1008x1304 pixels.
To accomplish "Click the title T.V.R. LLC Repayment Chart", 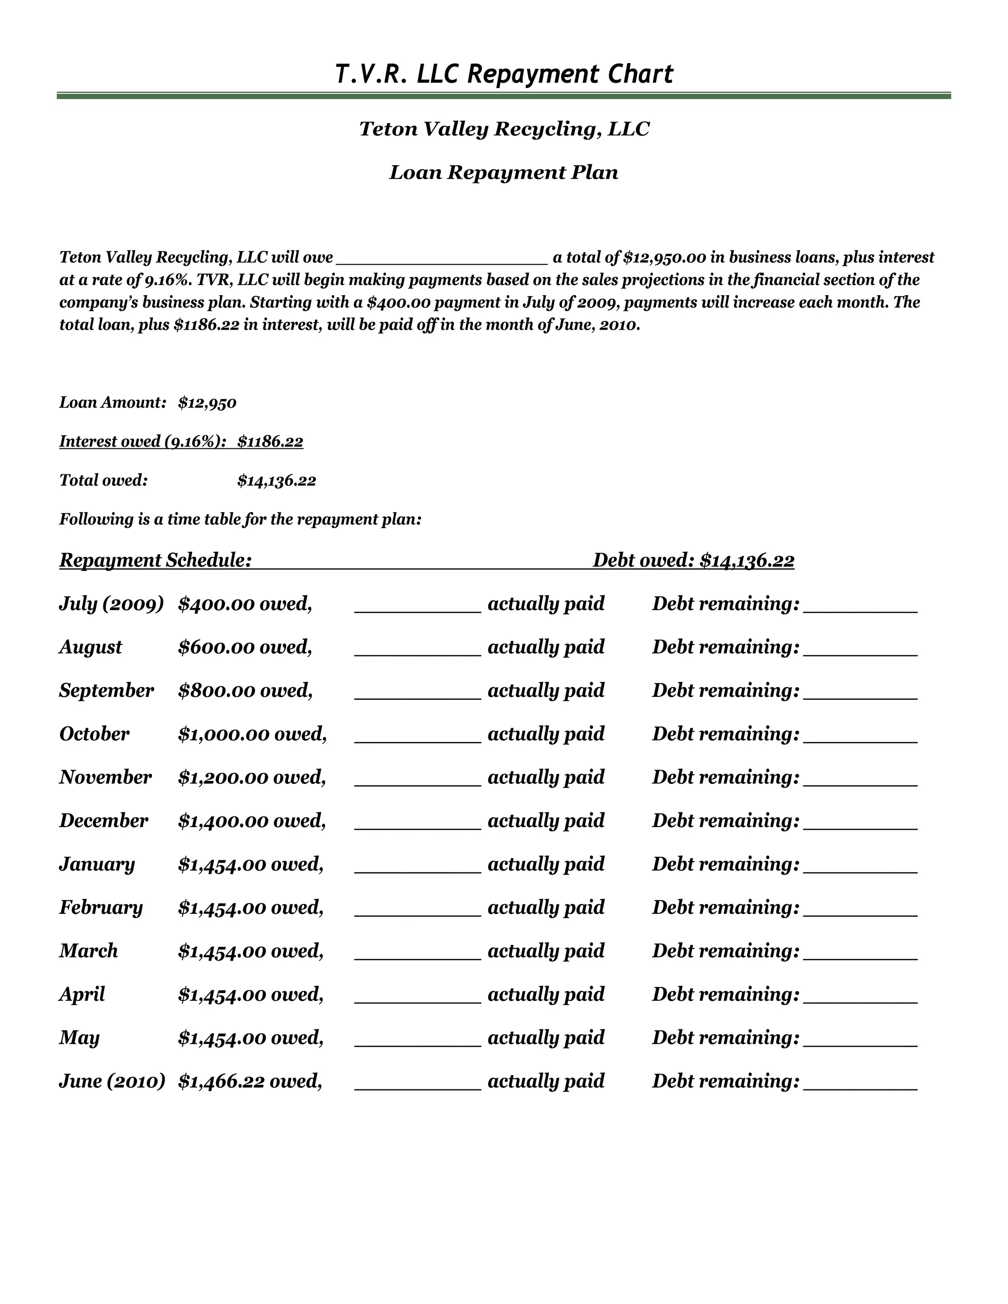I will tap(504, 74).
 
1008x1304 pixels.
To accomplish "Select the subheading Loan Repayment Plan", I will tap(504, 173).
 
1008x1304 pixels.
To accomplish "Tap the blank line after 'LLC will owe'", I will tap(442, 258).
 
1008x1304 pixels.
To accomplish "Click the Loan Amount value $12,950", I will tap(207, 403).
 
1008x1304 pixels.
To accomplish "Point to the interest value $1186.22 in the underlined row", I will tap(271, 442).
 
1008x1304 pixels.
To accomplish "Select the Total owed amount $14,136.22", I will tap(277, 481).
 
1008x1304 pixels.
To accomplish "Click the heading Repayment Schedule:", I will tap(155, 560).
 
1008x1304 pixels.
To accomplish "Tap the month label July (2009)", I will tap(111, 604).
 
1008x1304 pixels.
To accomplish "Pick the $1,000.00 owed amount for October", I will tap(252, 734).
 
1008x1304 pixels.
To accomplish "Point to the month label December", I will tap(103, 821).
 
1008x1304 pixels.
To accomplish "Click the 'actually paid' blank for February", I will tap(417, 910).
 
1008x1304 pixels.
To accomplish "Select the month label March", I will tap(89, 951).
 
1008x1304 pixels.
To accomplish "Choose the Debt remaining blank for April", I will tap(860, 997).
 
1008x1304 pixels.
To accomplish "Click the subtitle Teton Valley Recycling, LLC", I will tap(504, 129).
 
